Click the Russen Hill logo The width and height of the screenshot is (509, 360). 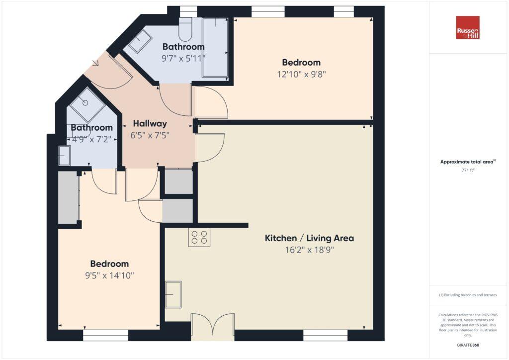(468, 27)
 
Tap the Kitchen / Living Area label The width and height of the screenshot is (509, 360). (309, 238)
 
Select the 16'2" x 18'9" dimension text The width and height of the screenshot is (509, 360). (309, 250)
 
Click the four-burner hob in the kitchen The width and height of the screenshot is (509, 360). (199, 237)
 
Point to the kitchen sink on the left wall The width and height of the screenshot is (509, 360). (173, 294)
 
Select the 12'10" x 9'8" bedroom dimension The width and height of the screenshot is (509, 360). (301, 75)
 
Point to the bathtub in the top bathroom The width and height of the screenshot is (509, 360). (215, 47)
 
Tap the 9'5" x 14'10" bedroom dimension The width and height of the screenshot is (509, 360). (109, 275)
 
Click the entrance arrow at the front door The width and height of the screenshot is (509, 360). (95, 63)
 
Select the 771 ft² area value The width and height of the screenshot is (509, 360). (468, 170)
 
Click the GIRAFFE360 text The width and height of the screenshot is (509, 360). (468, 345)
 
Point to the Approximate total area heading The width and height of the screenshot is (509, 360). (468, 162)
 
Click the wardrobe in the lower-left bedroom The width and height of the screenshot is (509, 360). (69, 197)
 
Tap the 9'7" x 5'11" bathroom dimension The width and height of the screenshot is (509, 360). (183, 58)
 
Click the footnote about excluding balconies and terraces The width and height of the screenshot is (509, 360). (468, 295)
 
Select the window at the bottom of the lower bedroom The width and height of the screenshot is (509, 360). (105, 336)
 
